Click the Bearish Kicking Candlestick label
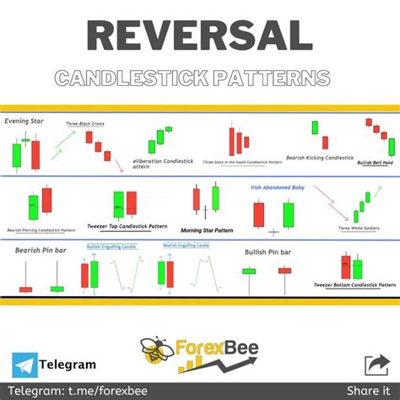tap(318, 158)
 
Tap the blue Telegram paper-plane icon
tap(25, 365)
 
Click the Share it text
tap(372, 390)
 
